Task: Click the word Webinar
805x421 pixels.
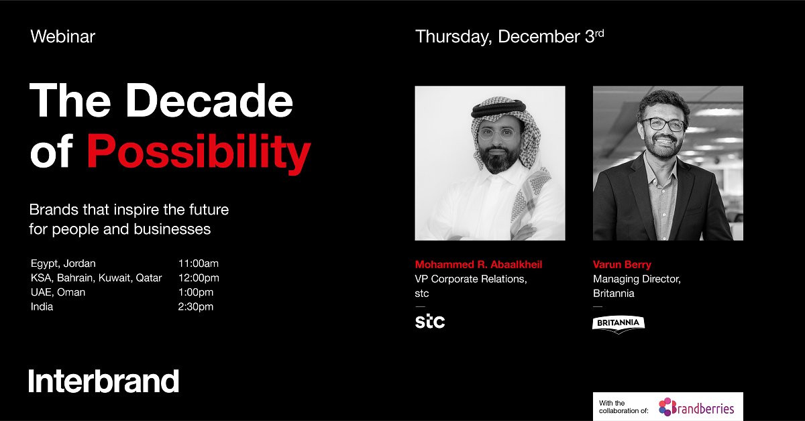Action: (63, 37)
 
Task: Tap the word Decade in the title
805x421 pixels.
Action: (209, 101)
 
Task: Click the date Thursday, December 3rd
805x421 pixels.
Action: (509, 37)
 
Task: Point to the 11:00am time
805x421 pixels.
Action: (198, 263)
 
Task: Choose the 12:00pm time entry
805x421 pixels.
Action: (199, 278)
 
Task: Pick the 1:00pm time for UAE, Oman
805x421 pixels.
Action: (196, 292)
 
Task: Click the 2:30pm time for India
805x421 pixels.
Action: (196, 307)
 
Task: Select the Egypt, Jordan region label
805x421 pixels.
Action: (63, 263)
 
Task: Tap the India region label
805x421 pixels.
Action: (42, 307)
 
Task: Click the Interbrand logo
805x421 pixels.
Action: (104, 381)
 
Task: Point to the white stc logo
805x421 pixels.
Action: (430, 322)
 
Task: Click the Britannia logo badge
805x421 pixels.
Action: (619, 323)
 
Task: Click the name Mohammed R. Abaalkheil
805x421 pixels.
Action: (478, 264)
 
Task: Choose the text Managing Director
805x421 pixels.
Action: (637, 279)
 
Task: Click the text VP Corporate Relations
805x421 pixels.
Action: (471, 279)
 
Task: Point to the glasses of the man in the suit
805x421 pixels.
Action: (663, 124)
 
